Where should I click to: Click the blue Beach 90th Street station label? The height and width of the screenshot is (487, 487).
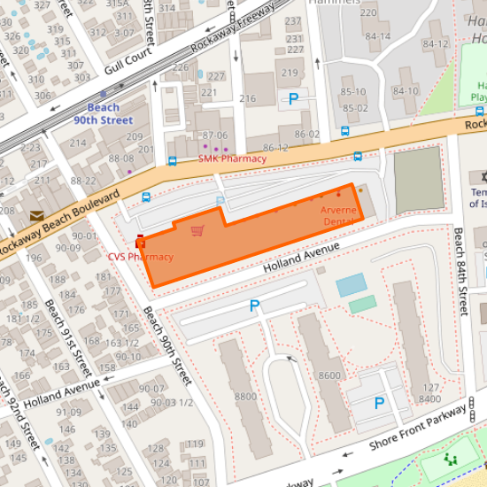pos(103,114)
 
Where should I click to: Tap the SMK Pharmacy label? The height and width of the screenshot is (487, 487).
pos(231,158)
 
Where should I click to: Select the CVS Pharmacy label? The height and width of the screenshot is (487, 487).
pos(140,257)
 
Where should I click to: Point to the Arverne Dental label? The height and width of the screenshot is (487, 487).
pos(338,216)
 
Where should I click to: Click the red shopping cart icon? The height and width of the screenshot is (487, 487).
pos(197,231)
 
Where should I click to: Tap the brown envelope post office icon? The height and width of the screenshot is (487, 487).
pos(37,215)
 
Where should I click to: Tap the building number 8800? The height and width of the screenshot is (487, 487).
pos(246,396)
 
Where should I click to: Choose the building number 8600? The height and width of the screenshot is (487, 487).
pos(329,375)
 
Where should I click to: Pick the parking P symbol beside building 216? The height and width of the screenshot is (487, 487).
pos(293,99)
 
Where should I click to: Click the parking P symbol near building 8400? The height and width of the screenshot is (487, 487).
pos(379,403)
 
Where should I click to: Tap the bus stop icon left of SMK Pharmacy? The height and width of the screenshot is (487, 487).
pos(172,162)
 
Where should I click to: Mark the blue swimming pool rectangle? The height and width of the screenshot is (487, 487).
pos(352,284)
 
